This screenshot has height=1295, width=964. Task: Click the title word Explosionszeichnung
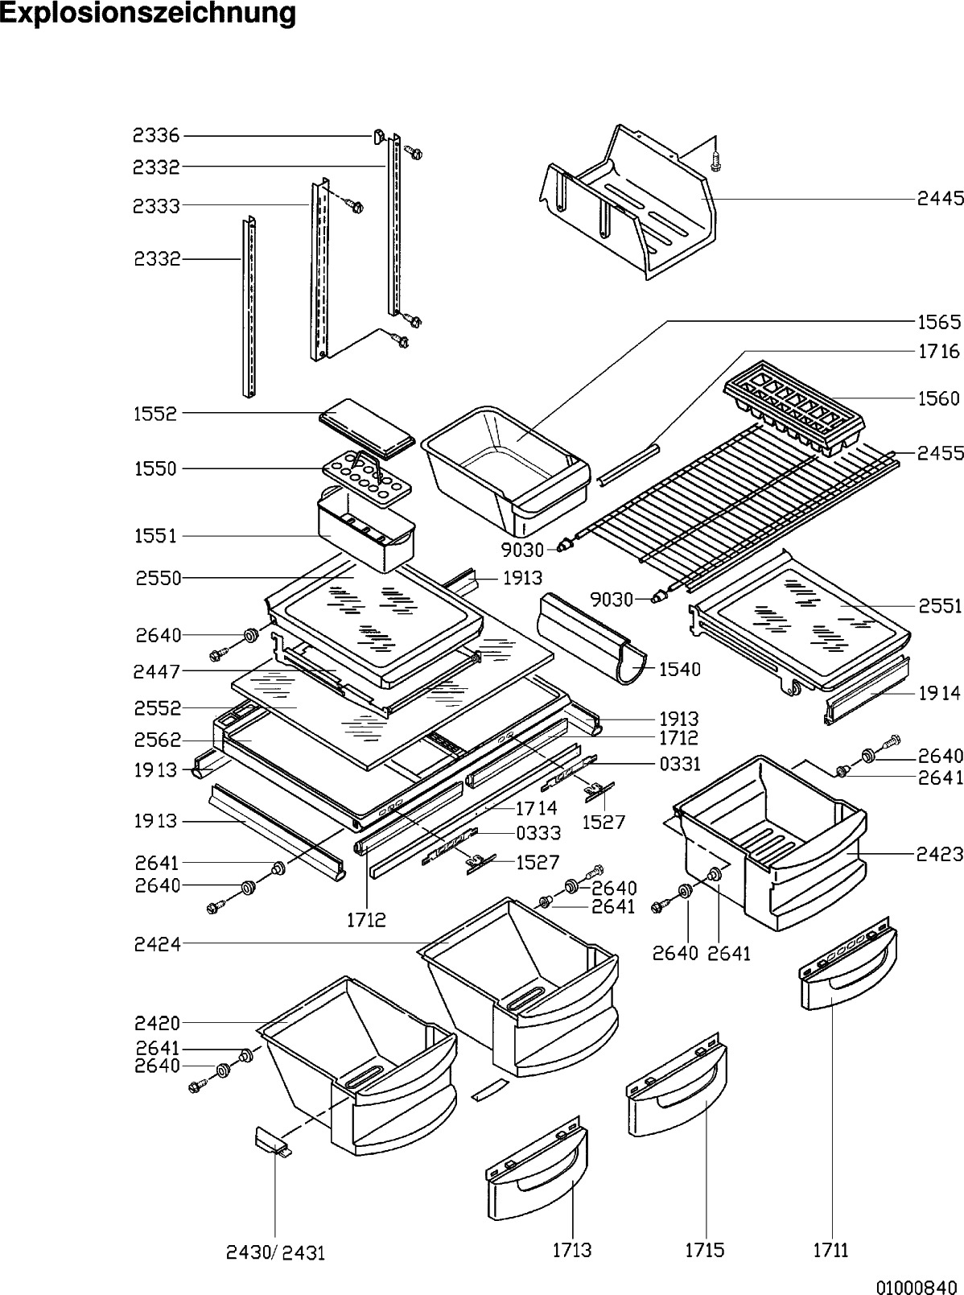pyautogui.click(x=148, y=14)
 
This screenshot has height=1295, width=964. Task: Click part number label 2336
pyautogui.click(x=156, y=136)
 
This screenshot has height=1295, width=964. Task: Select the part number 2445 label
pyautogui.click(x=940, y=198)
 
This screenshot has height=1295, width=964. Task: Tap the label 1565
pyautogui.click(x=939, y=322)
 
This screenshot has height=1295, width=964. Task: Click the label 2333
pyautogui.click(x=156, y=206)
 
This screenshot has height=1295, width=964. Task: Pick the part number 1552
pyautogui.click(x=156, y=414)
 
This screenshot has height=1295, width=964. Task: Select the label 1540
pyautogui.click(x=679, y=669)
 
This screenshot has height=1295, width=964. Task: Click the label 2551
pyautogui.click(x=940, y=606)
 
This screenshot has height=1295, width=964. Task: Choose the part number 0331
pyautogui.click(x=679, y=764)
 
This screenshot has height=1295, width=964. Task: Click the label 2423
pyautogui.click(x=939, y=855)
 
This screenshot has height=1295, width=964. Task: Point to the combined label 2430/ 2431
pyautogui.click(x=275, y=1252)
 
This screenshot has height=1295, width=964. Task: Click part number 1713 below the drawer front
pyautogui.click(x=572, y=1250)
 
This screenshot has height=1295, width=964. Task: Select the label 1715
pyautogui.click(x=705, y=1250)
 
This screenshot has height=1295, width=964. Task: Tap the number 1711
pyautogui.click(x=830, y=1250)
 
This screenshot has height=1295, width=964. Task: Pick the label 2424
pyautogui.click(x=158, y=943)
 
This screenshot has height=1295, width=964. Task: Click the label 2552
pyautogui.click(x=158, y=708)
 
